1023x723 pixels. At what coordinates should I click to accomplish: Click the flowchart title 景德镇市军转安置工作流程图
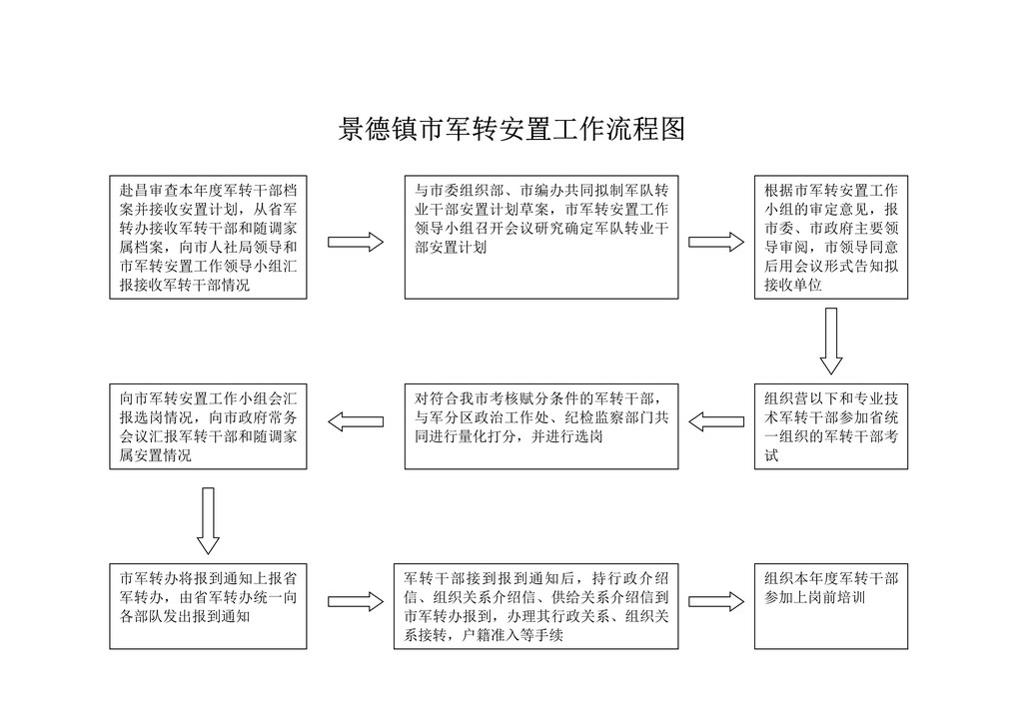[x=511, y=129]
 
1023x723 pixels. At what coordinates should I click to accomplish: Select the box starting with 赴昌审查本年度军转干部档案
[x=208, y=238]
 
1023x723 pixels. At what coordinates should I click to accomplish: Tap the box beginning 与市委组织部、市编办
[x=541, y=238]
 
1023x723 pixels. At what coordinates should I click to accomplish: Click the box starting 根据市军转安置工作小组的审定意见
[x=831, y=238]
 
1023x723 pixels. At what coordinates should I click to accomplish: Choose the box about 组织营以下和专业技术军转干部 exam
[x=831, y=426]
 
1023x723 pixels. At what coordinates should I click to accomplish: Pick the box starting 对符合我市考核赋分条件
[x=541, y=426]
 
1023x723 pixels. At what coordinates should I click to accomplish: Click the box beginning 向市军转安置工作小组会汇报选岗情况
[x=208, y=426]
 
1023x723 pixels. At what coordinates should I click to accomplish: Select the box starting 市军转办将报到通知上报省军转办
[x=208, y=606]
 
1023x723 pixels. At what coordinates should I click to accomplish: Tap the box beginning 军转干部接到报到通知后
[x=536, y=606]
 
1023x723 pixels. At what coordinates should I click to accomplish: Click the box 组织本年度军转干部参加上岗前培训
[x=831, y=606]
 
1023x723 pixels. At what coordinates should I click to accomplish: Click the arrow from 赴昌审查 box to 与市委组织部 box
[x=356, y=242]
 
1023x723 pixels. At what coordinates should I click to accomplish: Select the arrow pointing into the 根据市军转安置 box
[x=716, y=242]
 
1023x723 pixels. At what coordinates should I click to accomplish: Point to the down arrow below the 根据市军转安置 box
[x=830, y=342]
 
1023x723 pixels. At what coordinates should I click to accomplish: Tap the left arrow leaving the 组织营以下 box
[x=716, y=421]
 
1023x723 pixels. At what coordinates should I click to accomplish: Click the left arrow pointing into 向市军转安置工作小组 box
[x=356, y=421]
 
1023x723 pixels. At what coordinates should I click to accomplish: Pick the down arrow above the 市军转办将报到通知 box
[x=208, y=521]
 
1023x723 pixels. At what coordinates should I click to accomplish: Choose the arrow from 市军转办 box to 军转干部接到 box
[x=356, y=602]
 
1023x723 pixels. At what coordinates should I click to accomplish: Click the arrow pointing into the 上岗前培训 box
[x=716, y=602]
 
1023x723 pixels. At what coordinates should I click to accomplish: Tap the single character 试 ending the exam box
[x=772, y=455]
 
